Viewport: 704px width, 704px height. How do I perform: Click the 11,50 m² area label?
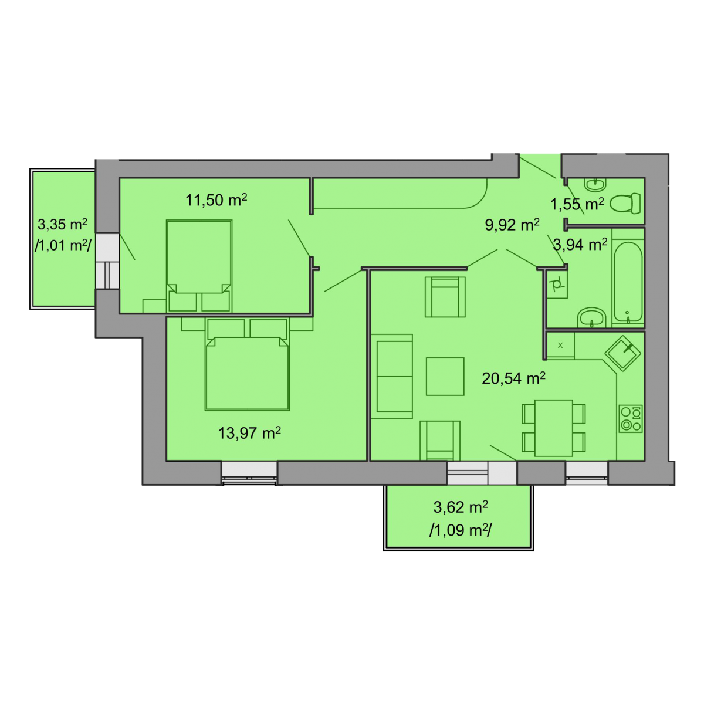(216, 200)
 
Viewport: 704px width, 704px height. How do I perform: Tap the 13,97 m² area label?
(249, 433)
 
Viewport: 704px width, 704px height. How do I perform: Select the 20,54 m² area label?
(513, 378)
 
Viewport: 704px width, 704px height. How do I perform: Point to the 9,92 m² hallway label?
(512, 225)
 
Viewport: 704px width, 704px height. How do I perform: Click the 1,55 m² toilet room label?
(577, 204)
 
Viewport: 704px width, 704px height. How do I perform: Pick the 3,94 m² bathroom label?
(580, 245)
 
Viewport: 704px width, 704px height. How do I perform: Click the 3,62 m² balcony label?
(461, 507)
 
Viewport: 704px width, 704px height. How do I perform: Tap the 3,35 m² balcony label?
(62, 224)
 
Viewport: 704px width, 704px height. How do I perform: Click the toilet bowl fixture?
(625, 203)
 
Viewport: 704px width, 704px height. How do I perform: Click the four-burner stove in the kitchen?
(631, 418)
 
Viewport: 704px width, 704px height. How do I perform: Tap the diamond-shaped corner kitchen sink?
(623, 353)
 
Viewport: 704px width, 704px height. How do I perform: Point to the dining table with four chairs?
(553, 428)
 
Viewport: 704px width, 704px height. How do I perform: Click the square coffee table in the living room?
(445, 376)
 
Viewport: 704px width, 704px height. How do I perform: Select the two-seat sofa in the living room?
(392, 376)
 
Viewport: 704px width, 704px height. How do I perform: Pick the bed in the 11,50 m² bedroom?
(199, 266)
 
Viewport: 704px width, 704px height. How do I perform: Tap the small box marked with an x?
(560, 345)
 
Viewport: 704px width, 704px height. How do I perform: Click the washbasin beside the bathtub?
(592, 317)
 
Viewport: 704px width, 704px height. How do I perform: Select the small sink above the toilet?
(595, 184)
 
